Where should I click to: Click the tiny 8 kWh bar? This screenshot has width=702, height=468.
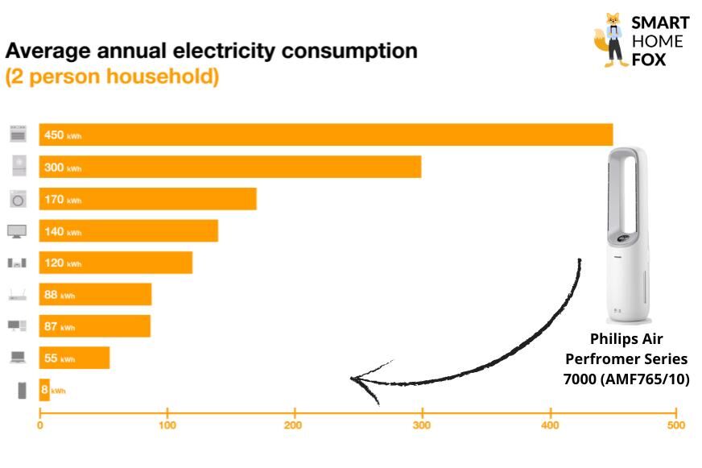(x=44, y=390)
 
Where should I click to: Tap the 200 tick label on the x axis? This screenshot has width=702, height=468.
(x=294, y=425)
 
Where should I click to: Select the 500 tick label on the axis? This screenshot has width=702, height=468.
(x=676, y=425)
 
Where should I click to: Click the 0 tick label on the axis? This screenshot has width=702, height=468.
(x=39, y=425)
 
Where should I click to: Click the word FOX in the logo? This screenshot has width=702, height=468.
(x=648, y=59)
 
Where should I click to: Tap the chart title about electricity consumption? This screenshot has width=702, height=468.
(x=211, y=52)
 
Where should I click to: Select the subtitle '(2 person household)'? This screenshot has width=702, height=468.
(x=112, y=78)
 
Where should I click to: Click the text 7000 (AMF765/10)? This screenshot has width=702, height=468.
(x=626, y=379)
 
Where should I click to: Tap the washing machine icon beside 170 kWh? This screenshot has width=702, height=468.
(x=18, y=199)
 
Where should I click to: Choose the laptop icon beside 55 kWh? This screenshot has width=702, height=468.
(x=18, y=358)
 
